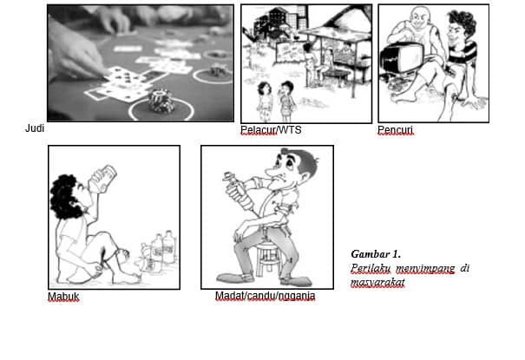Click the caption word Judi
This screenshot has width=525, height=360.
point(34,128)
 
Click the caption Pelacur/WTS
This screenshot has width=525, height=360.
point(269,130)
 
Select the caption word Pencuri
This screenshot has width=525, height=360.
point(395,130)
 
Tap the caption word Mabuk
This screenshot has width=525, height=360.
point(62,297)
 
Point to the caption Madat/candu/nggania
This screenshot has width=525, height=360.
point(265,297)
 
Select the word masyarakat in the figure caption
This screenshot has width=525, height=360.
point(377,282)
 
